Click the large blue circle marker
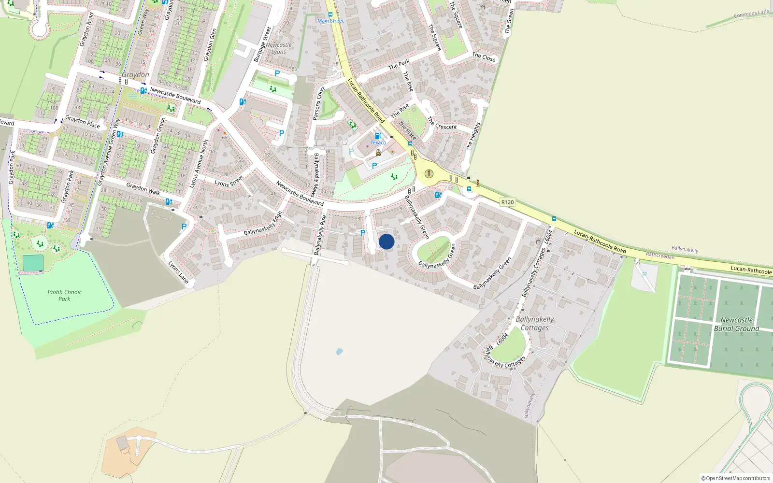pyautogui.click(x=386, y=241)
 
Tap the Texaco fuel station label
pyautogui.click(x=378, y=142)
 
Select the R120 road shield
pyautogui.click(x=507, y=202)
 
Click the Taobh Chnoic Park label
pyautogui.click(x=64, y=295)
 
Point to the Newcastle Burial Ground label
pyautogui.click(x=736, y=324)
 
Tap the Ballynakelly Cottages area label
pyautogui.click(x=534, y=324)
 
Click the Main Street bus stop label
pyautogui.click(x=330, y=21)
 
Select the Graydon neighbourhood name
pyautogui.click(x=135, y=75)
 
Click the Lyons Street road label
pyautogui.click(x=229, y=182)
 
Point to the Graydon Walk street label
pyautogui.click(x=143, y=188)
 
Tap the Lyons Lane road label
pyautogui.click(x=178, y=272)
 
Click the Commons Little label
pyautogui.click(x=751, y=14)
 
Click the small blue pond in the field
pyautogui.click(x=339, y=352)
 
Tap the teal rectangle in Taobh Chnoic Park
pyautogui.click(x=33, y=263)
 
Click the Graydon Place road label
pyautogui.click(x=83, y=122)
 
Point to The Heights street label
pyautogui.click(x=473, y=136)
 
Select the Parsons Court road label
pyautogui.click(x=318, y=103)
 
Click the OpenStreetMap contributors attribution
pyautogui.click(x=736, y=478)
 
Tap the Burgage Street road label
pyautogui.click(x=263, y=44)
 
